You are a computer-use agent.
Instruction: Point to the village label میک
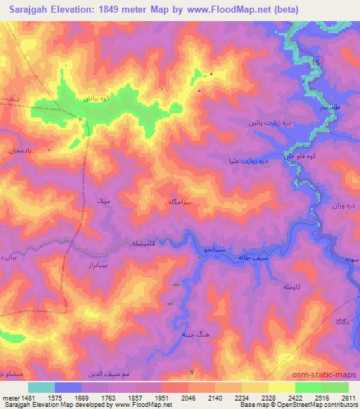pyautogui.click(x=103, y=202)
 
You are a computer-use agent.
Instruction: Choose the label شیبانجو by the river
pyautogui.click(x=215, y=249)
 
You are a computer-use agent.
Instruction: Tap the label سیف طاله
pyautogui.click(x=255, y=259)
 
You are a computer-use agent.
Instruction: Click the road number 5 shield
pyautogui.click(x=318, y=64)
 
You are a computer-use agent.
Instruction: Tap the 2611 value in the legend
pyautogui.click(x=348, y=397)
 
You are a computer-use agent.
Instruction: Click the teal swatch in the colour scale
pyautogui.click(x=41, y=387)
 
